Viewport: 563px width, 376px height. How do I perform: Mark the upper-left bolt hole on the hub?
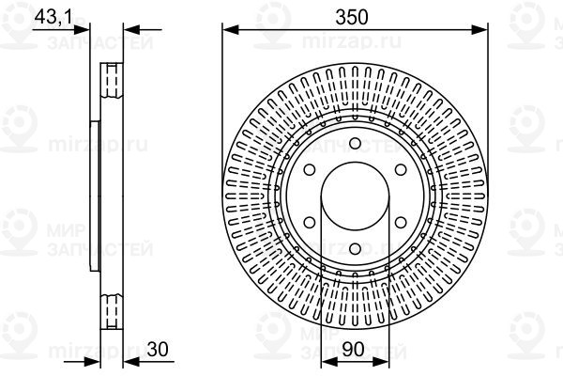click(x=311, y=169)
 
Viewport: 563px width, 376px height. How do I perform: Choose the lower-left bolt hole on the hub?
click(x=311, y=223)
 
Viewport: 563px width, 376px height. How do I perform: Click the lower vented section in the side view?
click(x=111, y=309)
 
